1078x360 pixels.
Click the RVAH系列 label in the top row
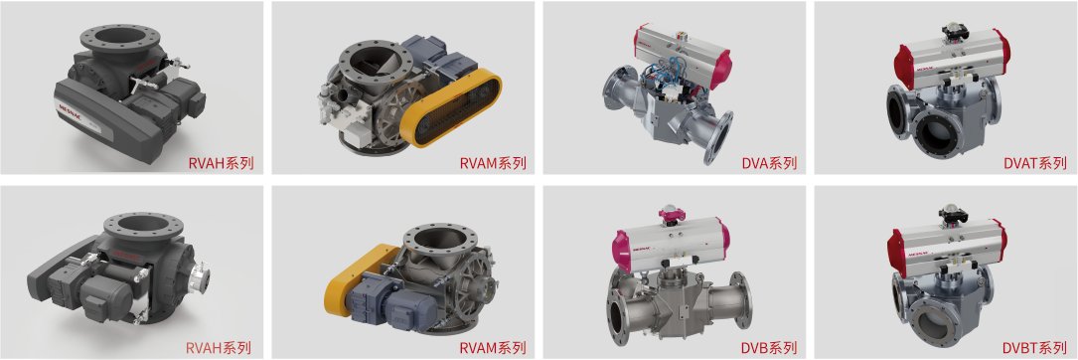pos(222,163)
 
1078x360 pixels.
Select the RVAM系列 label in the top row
pos(493,163)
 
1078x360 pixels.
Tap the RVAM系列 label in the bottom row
pos(493,348)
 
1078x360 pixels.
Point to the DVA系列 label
pos(769,163)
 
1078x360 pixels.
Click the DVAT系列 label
pos(1034,163)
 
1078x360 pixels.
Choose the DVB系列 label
pos(769,348)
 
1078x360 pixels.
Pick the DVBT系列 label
pos(1034,348)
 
